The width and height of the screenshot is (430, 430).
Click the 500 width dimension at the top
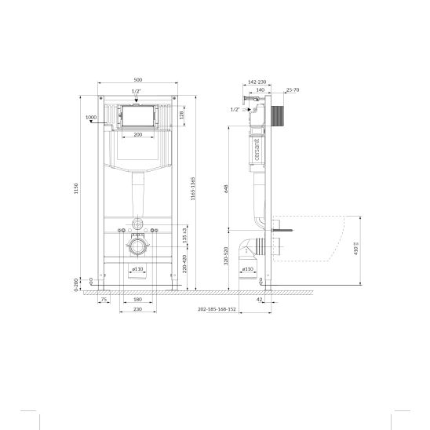137,80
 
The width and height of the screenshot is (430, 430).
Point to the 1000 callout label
90,117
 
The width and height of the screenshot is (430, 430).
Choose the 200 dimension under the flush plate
137,135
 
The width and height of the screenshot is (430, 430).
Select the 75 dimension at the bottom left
104,299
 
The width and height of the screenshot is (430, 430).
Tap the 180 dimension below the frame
137,299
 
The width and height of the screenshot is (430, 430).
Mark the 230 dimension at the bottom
137,310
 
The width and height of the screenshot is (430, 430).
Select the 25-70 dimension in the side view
292,90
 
